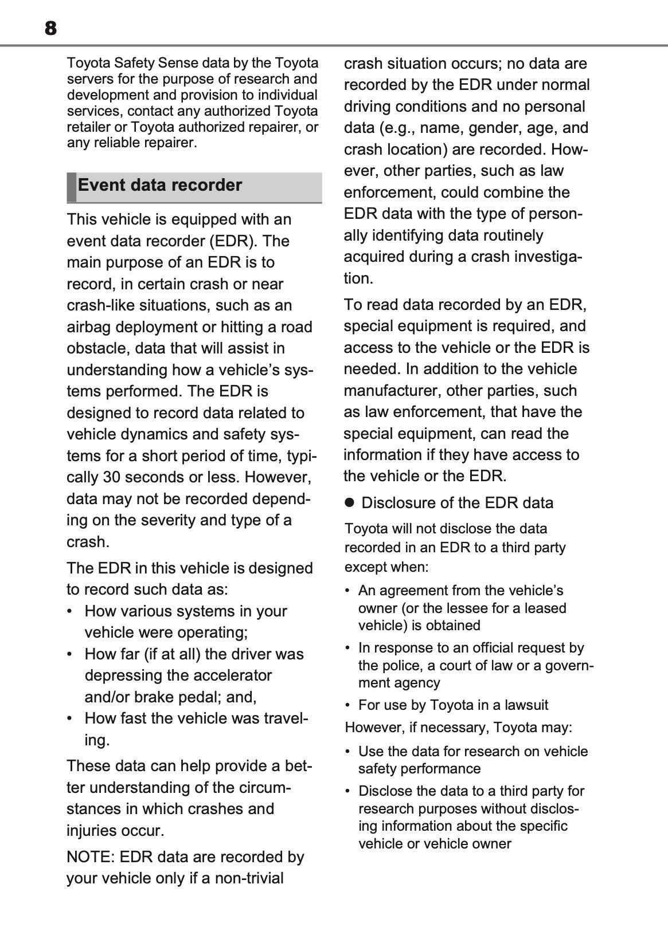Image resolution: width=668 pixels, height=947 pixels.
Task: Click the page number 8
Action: click(50, 28)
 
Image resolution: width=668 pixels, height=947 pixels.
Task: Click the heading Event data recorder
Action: click(160, 185)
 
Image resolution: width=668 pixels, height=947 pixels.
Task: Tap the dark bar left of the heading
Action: click(71, 187)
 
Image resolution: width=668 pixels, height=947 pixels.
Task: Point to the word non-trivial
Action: click(249, 879)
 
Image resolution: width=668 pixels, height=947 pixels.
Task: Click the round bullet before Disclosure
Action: click(349, 503)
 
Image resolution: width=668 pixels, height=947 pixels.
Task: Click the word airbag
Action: click(88, 327)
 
